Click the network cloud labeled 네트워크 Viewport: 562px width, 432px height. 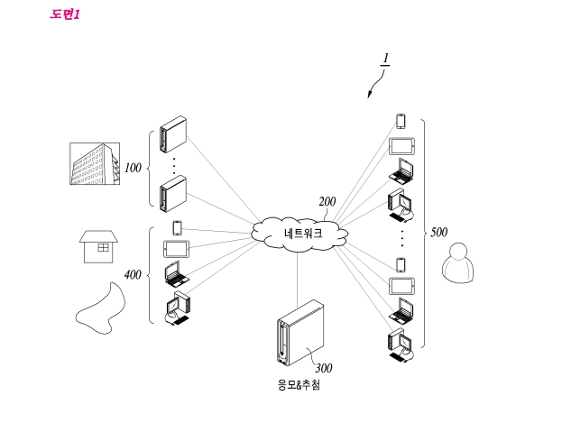coord(300,234)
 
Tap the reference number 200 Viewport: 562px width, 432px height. coord(327,202)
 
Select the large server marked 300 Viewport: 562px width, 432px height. coord(300,333)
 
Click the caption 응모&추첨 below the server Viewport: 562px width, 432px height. coord(299,385)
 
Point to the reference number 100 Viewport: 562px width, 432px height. coord(133,168)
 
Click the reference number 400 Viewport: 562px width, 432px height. coord(133,275)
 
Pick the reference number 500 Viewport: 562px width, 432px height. coord(438,232)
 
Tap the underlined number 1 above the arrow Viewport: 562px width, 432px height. coord(386,59)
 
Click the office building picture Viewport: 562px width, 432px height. coord(95,164)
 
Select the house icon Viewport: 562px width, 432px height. coord(98,246)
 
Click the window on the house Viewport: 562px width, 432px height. coord(103,247)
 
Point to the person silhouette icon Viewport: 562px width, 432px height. coord(458,262)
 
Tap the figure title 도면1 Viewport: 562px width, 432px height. coord(65,14)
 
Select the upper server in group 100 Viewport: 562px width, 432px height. coord(173,134)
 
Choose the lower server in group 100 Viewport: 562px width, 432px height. coord(173,194)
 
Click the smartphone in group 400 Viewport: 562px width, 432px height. coord(177,228)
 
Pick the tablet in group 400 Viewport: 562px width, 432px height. coord(176,249)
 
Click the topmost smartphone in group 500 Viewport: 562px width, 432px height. coord(401,121)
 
